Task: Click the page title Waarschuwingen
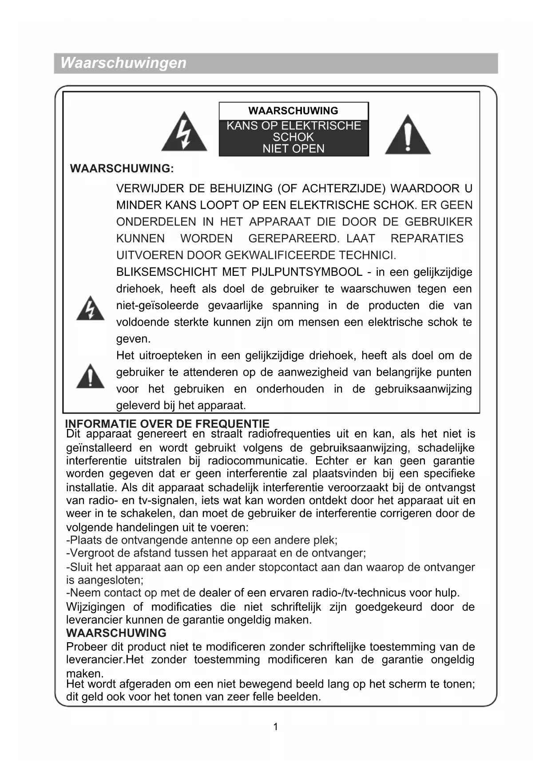[x=123, y=63]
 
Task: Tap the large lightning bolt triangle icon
[x=184, y=133]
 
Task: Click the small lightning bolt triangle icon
[x=90, y=309]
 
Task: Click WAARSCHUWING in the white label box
[x=293, y=111]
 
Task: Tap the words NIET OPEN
[x=293, y=149]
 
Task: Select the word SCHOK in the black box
[x=293, y=137]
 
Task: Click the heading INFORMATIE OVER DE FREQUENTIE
[x=167, y=423]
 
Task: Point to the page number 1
[x=275, y=727]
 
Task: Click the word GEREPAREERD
[x=293, y=238]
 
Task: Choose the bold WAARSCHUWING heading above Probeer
[x=116, y=633]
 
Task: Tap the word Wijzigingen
[x=95, y=607]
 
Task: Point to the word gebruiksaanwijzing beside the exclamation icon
[x=423, y=389]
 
